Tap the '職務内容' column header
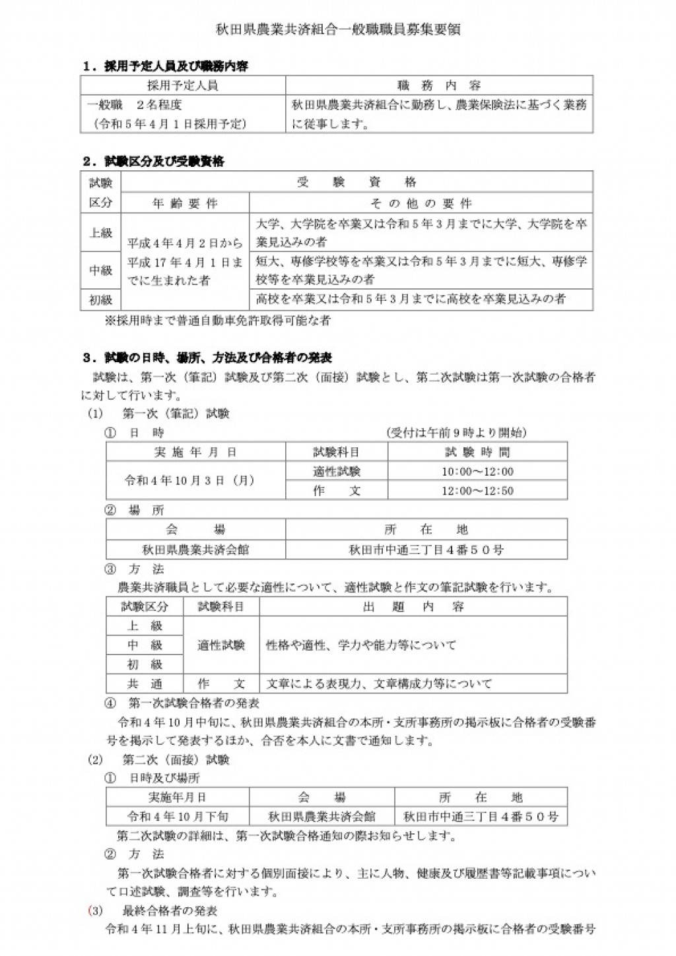(x=439, y=86)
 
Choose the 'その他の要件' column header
(x=421, y=204)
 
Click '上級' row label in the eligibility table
(x=101, y=233)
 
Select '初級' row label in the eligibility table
(x=101, y=300)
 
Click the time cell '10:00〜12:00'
(x=477, y=472)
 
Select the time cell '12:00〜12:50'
(x=477, y=491)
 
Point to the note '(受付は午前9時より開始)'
(x=456, y=433)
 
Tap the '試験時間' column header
(x=477, y=453)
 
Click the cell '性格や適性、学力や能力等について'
(x=360, y=645)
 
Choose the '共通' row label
(x=145, y=684)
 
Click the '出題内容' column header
(x=413, y=607)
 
